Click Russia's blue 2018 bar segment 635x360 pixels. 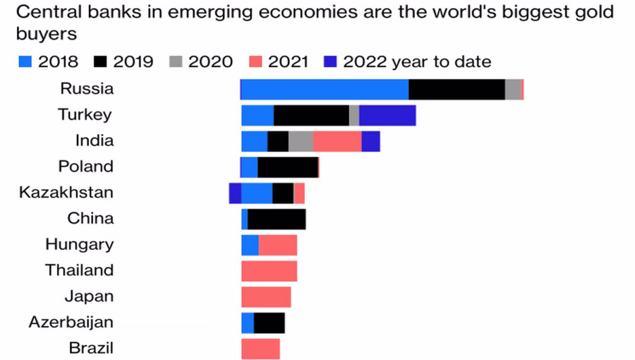click(325, 90)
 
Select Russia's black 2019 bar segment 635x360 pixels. click(456, 90)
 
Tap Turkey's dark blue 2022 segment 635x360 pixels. click(387, 116)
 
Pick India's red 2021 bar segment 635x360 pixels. click(337, 141)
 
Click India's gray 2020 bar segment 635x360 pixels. click(301, 141)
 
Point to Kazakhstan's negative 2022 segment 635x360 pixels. click(235, 193)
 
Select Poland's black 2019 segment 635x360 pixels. click(288, 167)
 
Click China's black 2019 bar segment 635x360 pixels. click(277, 219)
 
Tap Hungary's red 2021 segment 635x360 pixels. click(278, 245)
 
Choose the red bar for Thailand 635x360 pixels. click(269, 271)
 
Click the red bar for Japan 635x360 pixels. click(266, 296)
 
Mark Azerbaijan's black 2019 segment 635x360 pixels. click(269, 323)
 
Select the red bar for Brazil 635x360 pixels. click(260, 349)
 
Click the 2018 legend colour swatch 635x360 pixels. click(25, 62)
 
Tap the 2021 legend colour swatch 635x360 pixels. click(256, 62)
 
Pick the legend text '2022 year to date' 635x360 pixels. click(417, 62)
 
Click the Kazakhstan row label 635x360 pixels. click(66, 193)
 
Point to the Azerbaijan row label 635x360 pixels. click(71, 323)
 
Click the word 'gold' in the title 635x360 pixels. click(591, 13)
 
